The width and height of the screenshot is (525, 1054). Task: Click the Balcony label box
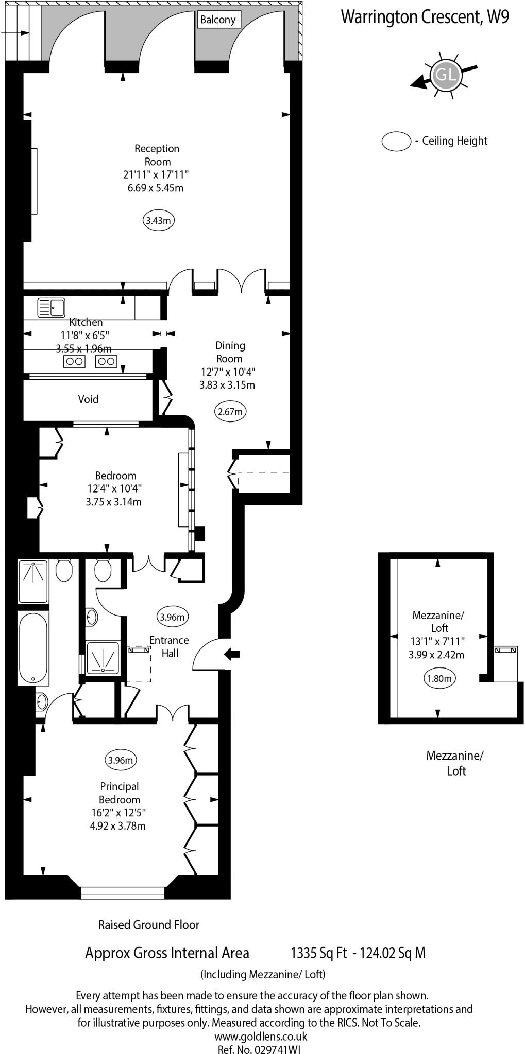point(218,20)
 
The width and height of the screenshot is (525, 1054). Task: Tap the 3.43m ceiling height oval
point(158,221)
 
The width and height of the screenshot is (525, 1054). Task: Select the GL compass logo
point(445,75)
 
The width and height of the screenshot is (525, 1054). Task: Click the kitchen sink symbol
point(51,308)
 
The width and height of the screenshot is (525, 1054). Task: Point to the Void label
point(88,399)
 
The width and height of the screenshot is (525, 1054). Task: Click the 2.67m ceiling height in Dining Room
point(230,411)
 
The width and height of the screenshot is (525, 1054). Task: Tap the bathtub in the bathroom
point(33,648)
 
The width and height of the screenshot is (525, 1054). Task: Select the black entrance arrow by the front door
point(232,654)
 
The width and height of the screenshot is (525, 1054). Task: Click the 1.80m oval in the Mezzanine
point(439,678)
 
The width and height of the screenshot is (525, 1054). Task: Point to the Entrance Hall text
point(169,646)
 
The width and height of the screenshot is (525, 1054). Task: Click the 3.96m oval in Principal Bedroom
point(121,760)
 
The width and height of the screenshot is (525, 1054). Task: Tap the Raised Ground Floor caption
point(149,925)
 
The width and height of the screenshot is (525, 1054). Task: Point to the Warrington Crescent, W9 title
point(425,17)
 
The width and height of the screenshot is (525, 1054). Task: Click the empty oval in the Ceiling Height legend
point(396,141)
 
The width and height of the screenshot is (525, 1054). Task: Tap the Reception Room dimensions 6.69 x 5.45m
point(156,188)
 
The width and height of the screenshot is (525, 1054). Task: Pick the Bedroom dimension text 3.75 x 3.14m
point(113,502)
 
